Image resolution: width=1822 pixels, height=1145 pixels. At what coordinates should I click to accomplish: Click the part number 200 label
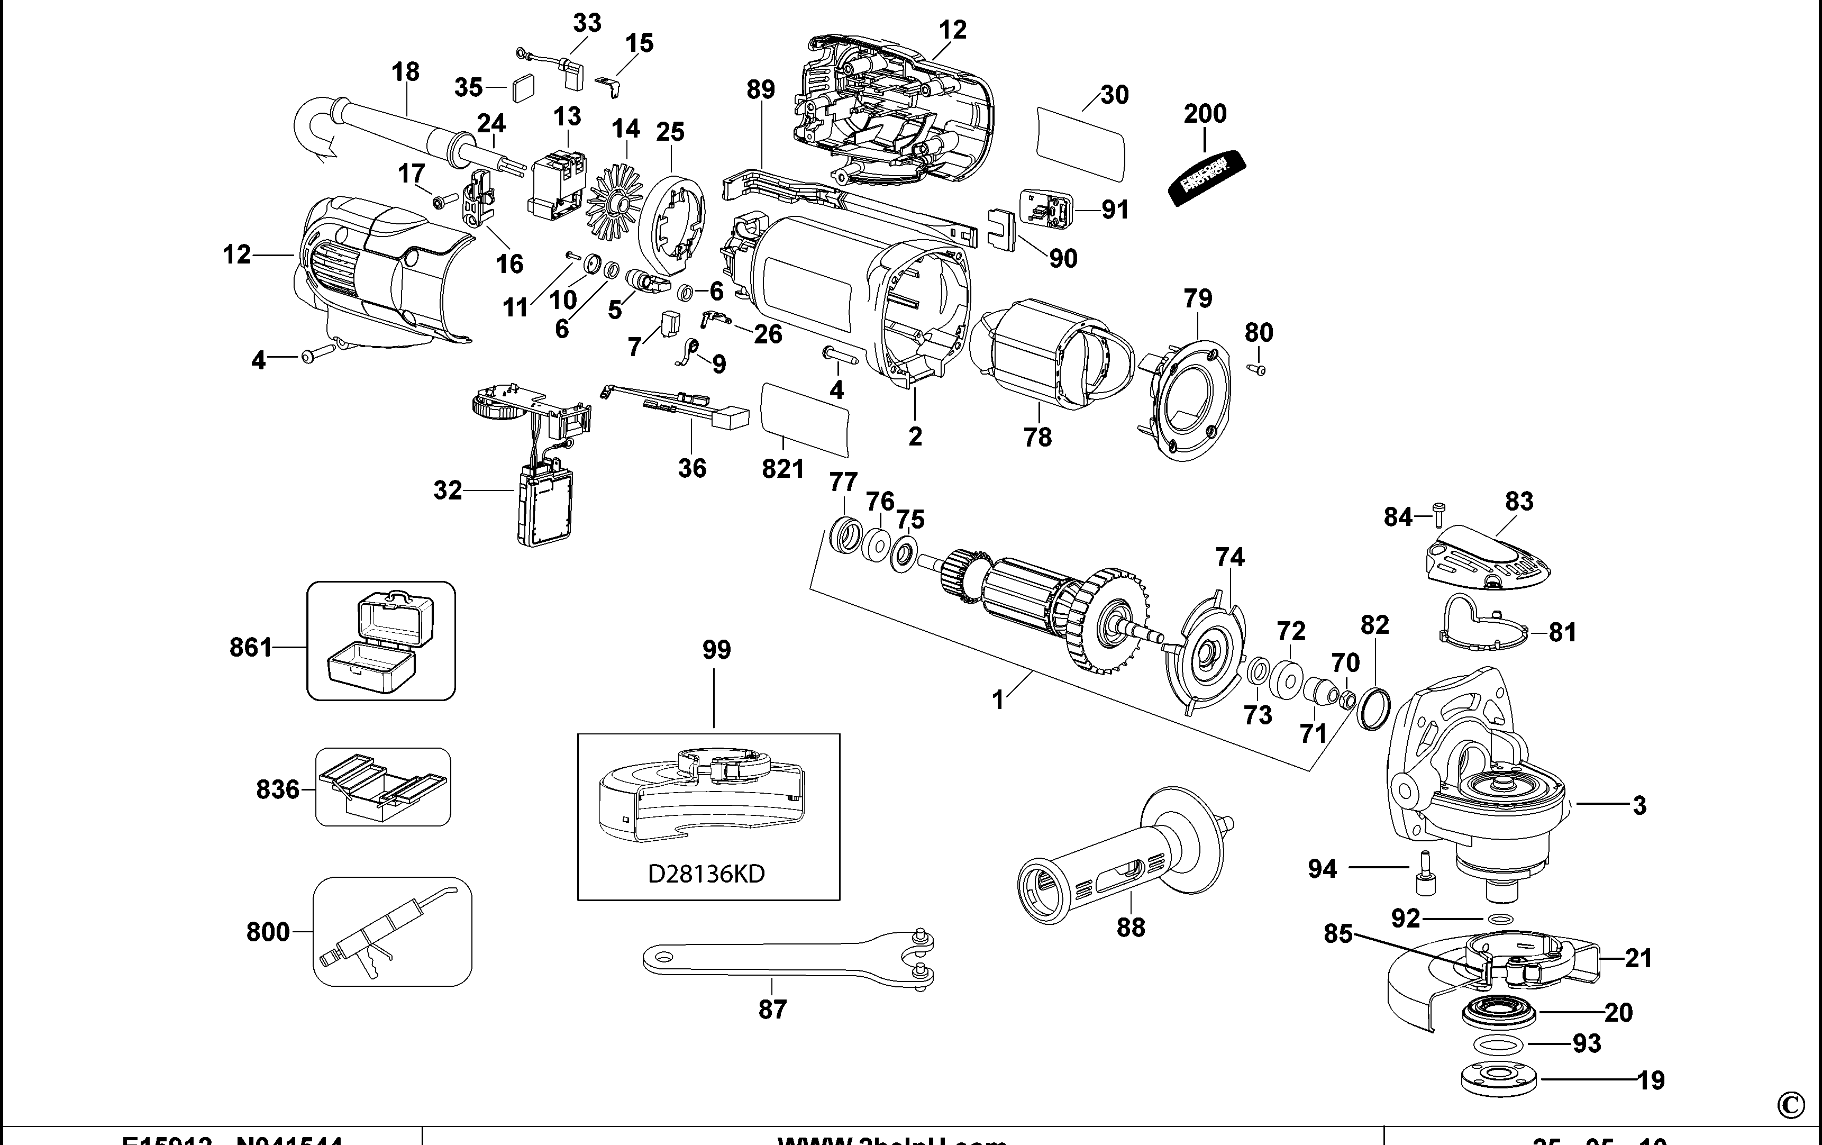point(1205,114)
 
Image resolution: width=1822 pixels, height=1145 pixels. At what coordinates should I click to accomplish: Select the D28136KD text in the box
point(706,874)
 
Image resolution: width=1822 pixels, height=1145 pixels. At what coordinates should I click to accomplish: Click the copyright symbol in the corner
point(1790,1105)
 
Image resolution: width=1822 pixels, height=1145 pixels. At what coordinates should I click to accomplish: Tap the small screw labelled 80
point(1260,369)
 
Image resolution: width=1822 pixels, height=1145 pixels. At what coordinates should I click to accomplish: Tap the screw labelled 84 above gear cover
point(1438,515)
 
